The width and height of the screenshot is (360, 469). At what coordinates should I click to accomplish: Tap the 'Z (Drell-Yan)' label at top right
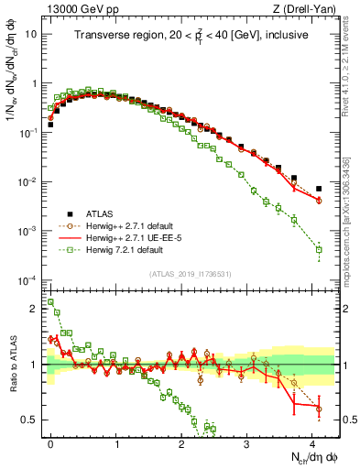point(309,8)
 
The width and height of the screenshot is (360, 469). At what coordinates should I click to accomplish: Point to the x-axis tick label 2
point(182,442)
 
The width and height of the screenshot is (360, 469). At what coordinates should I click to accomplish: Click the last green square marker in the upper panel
point(319,249)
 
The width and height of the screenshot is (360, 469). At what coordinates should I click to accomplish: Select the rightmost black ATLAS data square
point(319,189)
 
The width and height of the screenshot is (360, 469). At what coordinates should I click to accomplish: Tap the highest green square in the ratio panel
point(50,301)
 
